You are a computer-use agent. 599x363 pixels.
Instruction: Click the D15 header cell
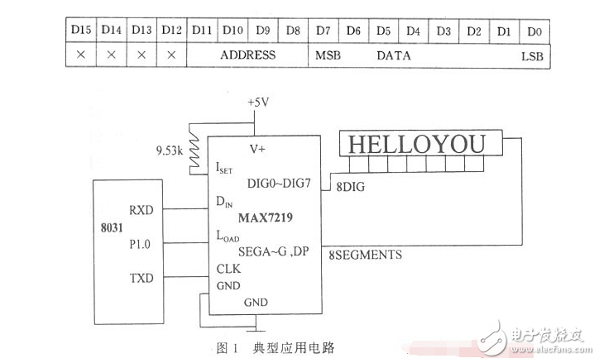pos(80,31)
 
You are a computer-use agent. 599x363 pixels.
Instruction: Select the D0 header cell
pos(534,31)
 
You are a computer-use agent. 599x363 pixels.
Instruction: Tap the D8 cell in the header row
pos(293,31)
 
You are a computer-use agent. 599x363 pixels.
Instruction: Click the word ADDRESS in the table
pos(247,55)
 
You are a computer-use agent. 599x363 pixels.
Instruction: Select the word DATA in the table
pos(394,55)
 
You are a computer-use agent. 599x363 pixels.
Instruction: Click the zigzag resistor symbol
pos(195,147)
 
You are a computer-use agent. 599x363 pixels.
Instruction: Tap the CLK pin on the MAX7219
pos(228,268)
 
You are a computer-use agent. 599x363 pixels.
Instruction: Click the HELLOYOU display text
pos(416,145)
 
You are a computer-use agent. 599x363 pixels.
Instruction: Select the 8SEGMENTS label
pos(366,255)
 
